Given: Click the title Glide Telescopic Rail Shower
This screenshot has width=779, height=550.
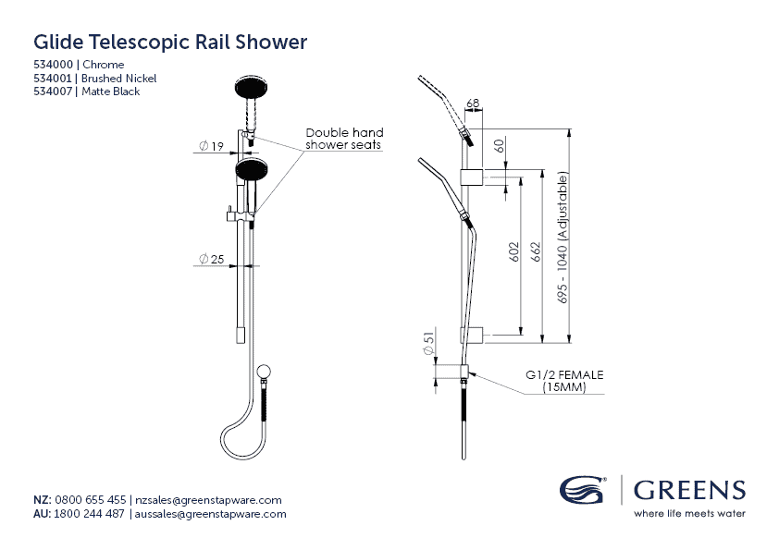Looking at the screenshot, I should [x=170, y=43].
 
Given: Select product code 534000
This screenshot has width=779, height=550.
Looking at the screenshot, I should [x=55, y=65].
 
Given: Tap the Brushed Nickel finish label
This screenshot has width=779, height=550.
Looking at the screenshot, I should [x=118, y=79].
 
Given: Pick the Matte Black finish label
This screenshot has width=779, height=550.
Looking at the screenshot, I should [x=111, y=92].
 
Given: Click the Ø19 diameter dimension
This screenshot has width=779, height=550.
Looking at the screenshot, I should [x=212, y=146].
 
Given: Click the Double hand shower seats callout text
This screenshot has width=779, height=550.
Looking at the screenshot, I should [x=344, y=139].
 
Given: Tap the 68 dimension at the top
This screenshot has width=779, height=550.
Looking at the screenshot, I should [x=473, y=103].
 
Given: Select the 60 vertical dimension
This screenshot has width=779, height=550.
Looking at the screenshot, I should [x=500, y=146].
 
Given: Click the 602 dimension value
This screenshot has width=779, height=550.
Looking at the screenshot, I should [x=515, y=253].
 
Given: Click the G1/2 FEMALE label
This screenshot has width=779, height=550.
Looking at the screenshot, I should [x=564, y=375].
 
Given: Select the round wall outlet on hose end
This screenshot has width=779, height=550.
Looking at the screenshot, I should [x=264, y=373].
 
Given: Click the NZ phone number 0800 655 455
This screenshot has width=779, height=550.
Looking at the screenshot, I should [x=91, y=499].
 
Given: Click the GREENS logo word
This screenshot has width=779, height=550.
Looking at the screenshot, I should [x=688, y=490].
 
